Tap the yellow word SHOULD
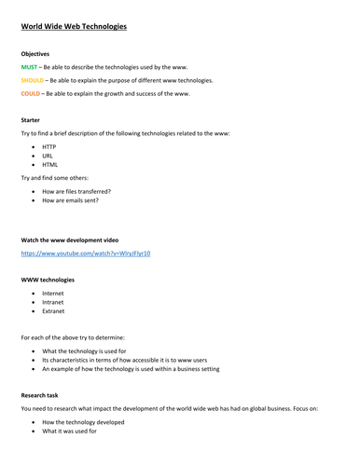(33, 80)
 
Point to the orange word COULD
(31, 93)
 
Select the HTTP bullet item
(49, 147)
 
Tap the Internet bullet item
(53, 294)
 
